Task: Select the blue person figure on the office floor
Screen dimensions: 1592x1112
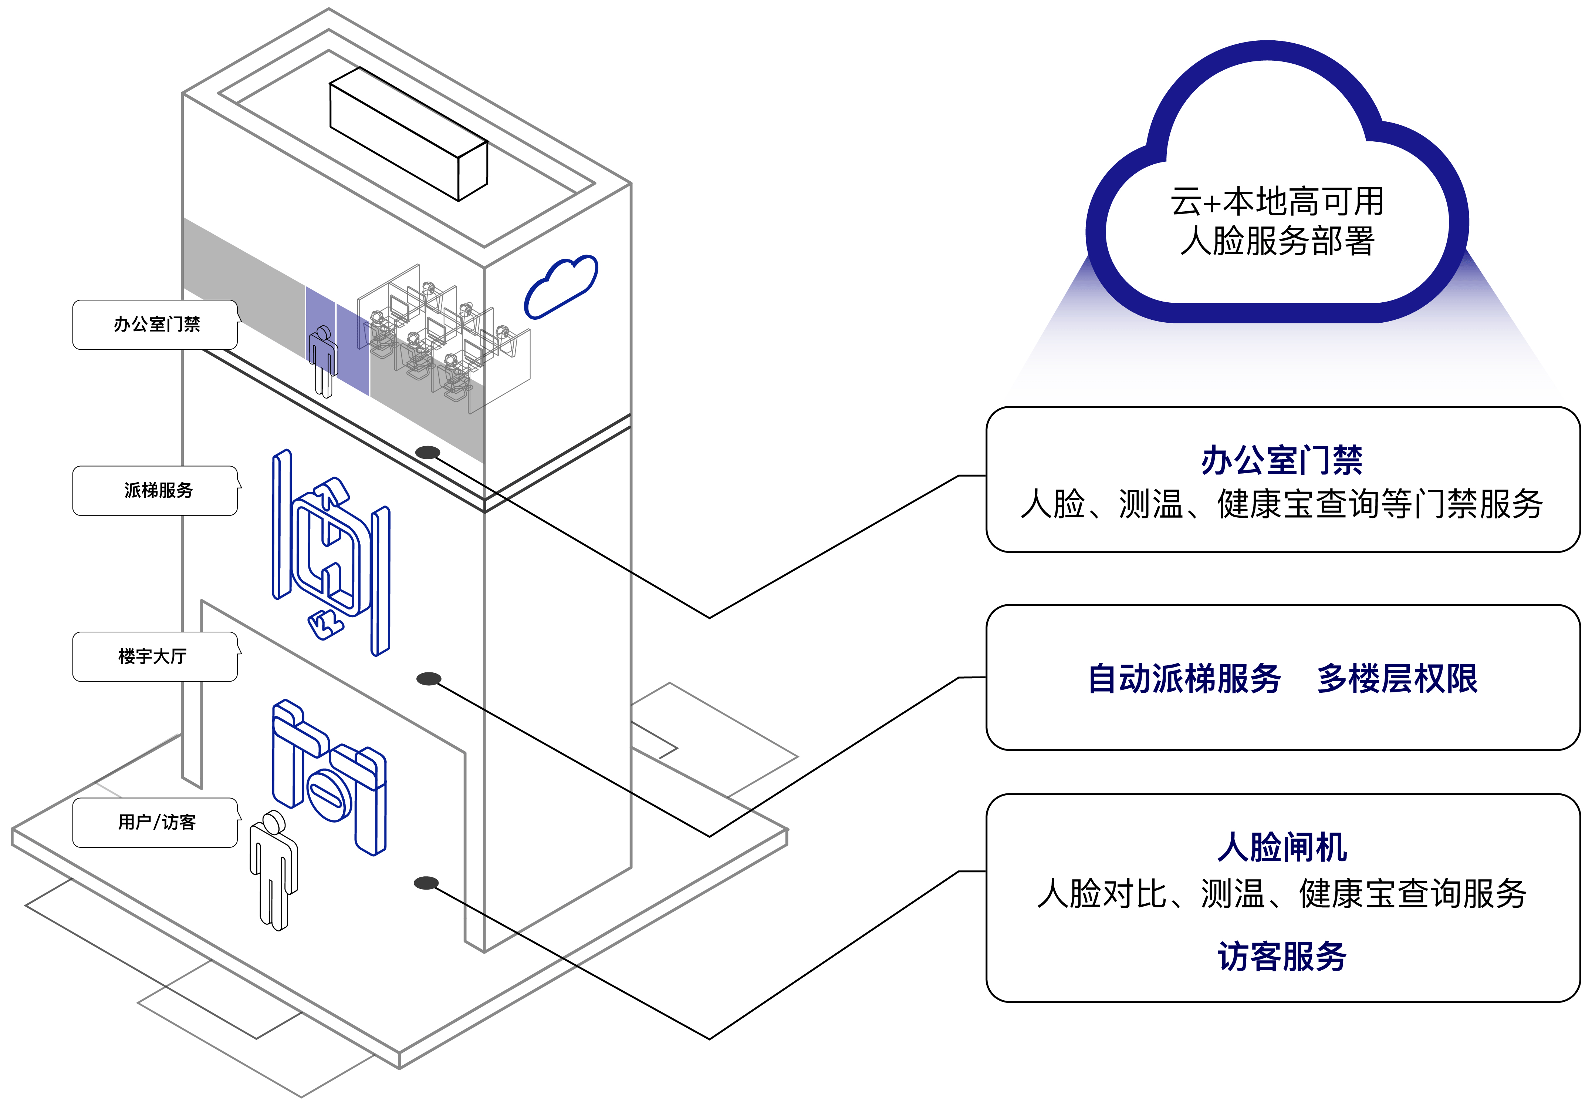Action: coord(323,361)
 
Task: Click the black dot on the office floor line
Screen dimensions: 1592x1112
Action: coord(428,452)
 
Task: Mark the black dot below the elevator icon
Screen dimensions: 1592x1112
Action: coord(429,678)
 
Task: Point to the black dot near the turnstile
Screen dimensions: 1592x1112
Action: coord(426,883)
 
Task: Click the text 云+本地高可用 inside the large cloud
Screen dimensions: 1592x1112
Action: coord(1277,201)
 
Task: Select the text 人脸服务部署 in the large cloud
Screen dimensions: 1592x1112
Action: coord(1277,241)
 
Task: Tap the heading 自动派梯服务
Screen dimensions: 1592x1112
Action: coord(1184,678)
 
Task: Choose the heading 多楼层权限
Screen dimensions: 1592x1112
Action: coord(1397,678)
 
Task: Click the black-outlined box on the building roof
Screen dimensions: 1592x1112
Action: coord(408,134)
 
